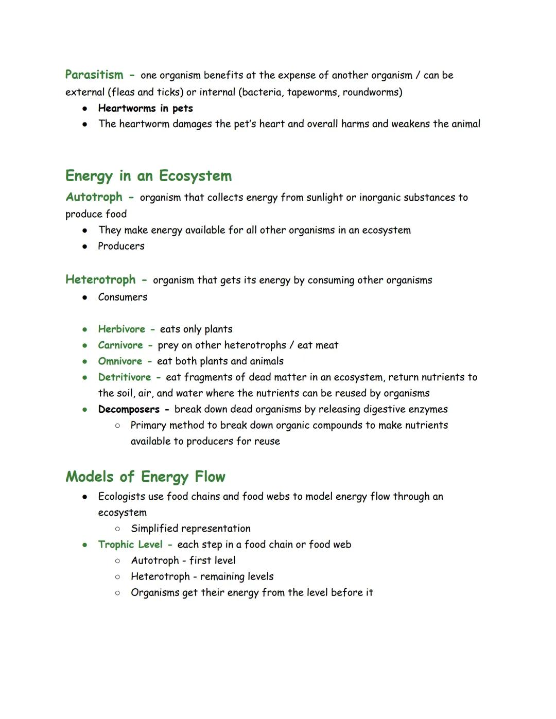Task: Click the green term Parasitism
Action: click(94, 75)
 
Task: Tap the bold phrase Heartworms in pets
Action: click(145, 108)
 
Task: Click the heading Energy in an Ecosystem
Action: click(148, 176)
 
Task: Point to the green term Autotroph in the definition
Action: click(94, 197)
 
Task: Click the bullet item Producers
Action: click(121, 246)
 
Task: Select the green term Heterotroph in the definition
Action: click(100, 279)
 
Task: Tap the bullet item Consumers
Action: click(123, 297)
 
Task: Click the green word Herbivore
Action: click(121, 329)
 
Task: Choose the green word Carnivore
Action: click(120, 345)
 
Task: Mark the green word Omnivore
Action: click(120, 361)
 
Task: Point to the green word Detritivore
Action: click(125, 377)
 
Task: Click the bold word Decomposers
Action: click(129, 409)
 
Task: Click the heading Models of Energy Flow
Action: click(145, 477)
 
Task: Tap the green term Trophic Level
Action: click(130, 545)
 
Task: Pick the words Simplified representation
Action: click(190, 529)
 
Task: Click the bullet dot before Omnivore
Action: click(84, 361)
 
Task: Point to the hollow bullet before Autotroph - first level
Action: click(117, 561)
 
